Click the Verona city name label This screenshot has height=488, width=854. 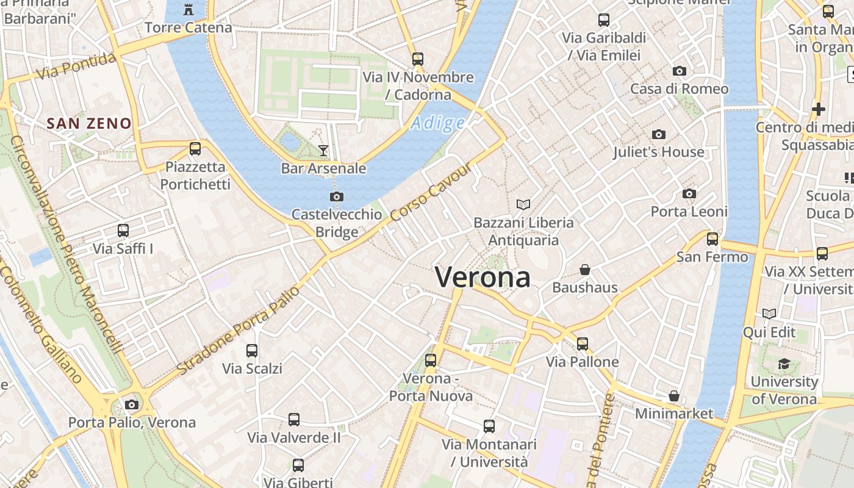click(x=483, y=278)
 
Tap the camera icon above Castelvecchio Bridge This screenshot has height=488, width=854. click(x=336, y=196)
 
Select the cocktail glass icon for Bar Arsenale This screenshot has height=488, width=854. click(x=323, y=150)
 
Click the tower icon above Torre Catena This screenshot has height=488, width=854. click(x=188, y=10)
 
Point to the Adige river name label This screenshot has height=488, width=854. click(x=438, y=124)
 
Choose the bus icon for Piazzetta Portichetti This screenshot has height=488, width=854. click(x=195, y=148)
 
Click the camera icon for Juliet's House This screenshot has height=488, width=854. click(x=658, y=134)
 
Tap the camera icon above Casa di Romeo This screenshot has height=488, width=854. click(x=679, y=71)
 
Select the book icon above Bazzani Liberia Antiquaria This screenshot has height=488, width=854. click(x=523, y=204)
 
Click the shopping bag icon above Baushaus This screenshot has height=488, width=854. click(x=584, y=269)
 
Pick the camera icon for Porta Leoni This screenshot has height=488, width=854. click(x=689, y=194)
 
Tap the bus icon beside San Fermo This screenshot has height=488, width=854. click(x=712, y=239)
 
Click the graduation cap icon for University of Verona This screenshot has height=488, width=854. click(x=784, y=364)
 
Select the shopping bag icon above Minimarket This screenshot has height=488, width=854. click(x=673, y=396)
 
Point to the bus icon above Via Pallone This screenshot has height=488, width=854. click(x=583, y=343)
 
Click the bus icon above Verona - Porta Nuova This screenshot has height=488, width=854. click(x=431, y=360)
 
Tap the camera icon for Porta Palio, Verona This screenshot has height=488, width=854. click(x=131, y=404)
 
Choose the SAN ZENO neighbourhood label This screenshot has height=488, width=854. click(x=89, y=123)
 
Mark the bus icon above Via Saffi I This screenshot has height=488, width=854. click(x=123, y=231)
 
